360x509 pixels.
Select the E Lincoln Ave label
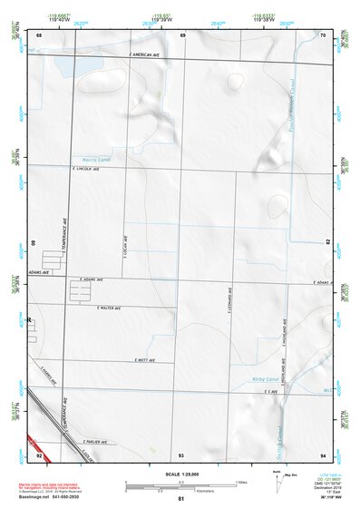click(x=83, y=169)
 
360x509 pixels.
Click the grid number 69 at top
click(x=182, y=35)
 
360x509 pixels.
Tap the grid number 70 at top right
click(x=323, y=35)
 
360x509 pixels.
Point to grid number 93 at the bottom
click(x=181, y=454)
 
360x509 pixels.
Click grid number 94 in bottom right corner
click(x=323, y=454)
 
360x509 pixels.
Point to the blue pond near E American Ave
click(x=71, y=67)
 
